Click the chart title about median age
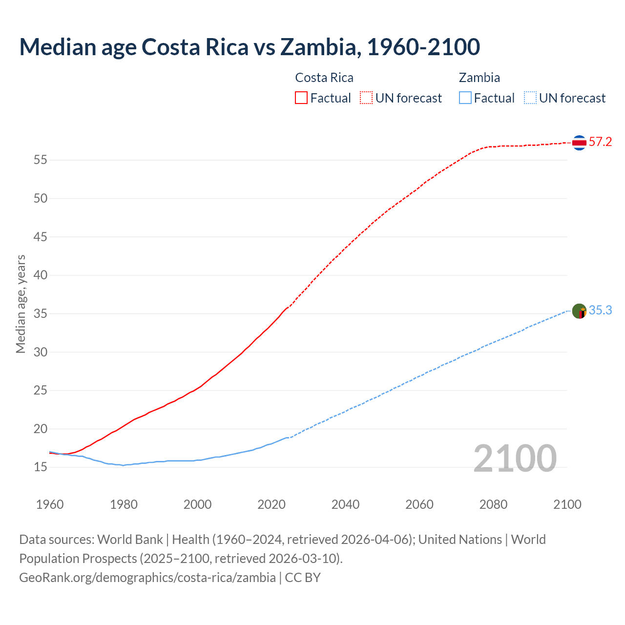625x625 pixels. click(250, 47)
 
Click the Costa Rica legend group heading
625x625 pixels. click(324, 78)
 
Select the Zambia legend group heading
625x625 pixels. click(479, 78)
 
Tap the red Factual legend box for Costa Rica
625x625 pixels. click(301, 98)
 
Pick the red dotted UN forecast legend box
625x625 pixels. click(366, 98)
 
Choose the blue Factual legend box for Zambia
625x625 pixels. click(465, 98)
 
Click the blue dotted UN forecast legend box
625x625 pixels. click(530, 98)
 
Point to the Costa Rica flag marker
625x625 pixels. click(579, 143)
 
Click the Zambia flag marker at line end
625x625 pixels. click(579, 311)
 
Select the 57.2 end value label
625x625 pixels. click(600, 142)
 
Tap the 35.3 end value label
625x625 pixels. click(600, 311)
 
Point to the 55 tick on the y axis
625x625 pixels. click(41, 160)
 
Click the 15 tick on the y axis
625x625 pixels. click(41, 467)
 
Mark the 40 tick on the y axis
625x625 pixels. click(41, 275)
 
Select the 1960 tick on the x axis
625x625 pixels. click(50, 504)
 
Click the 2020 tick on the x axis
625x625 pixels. click(271, 504)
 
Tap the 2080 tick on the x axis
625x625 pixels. click(493, 504)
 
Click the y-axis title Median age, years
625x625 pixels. click(21, 304)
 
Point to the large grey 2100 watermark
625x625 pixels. click(515, 458)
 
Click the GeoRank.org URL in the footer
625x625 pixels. click(147, 578)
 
